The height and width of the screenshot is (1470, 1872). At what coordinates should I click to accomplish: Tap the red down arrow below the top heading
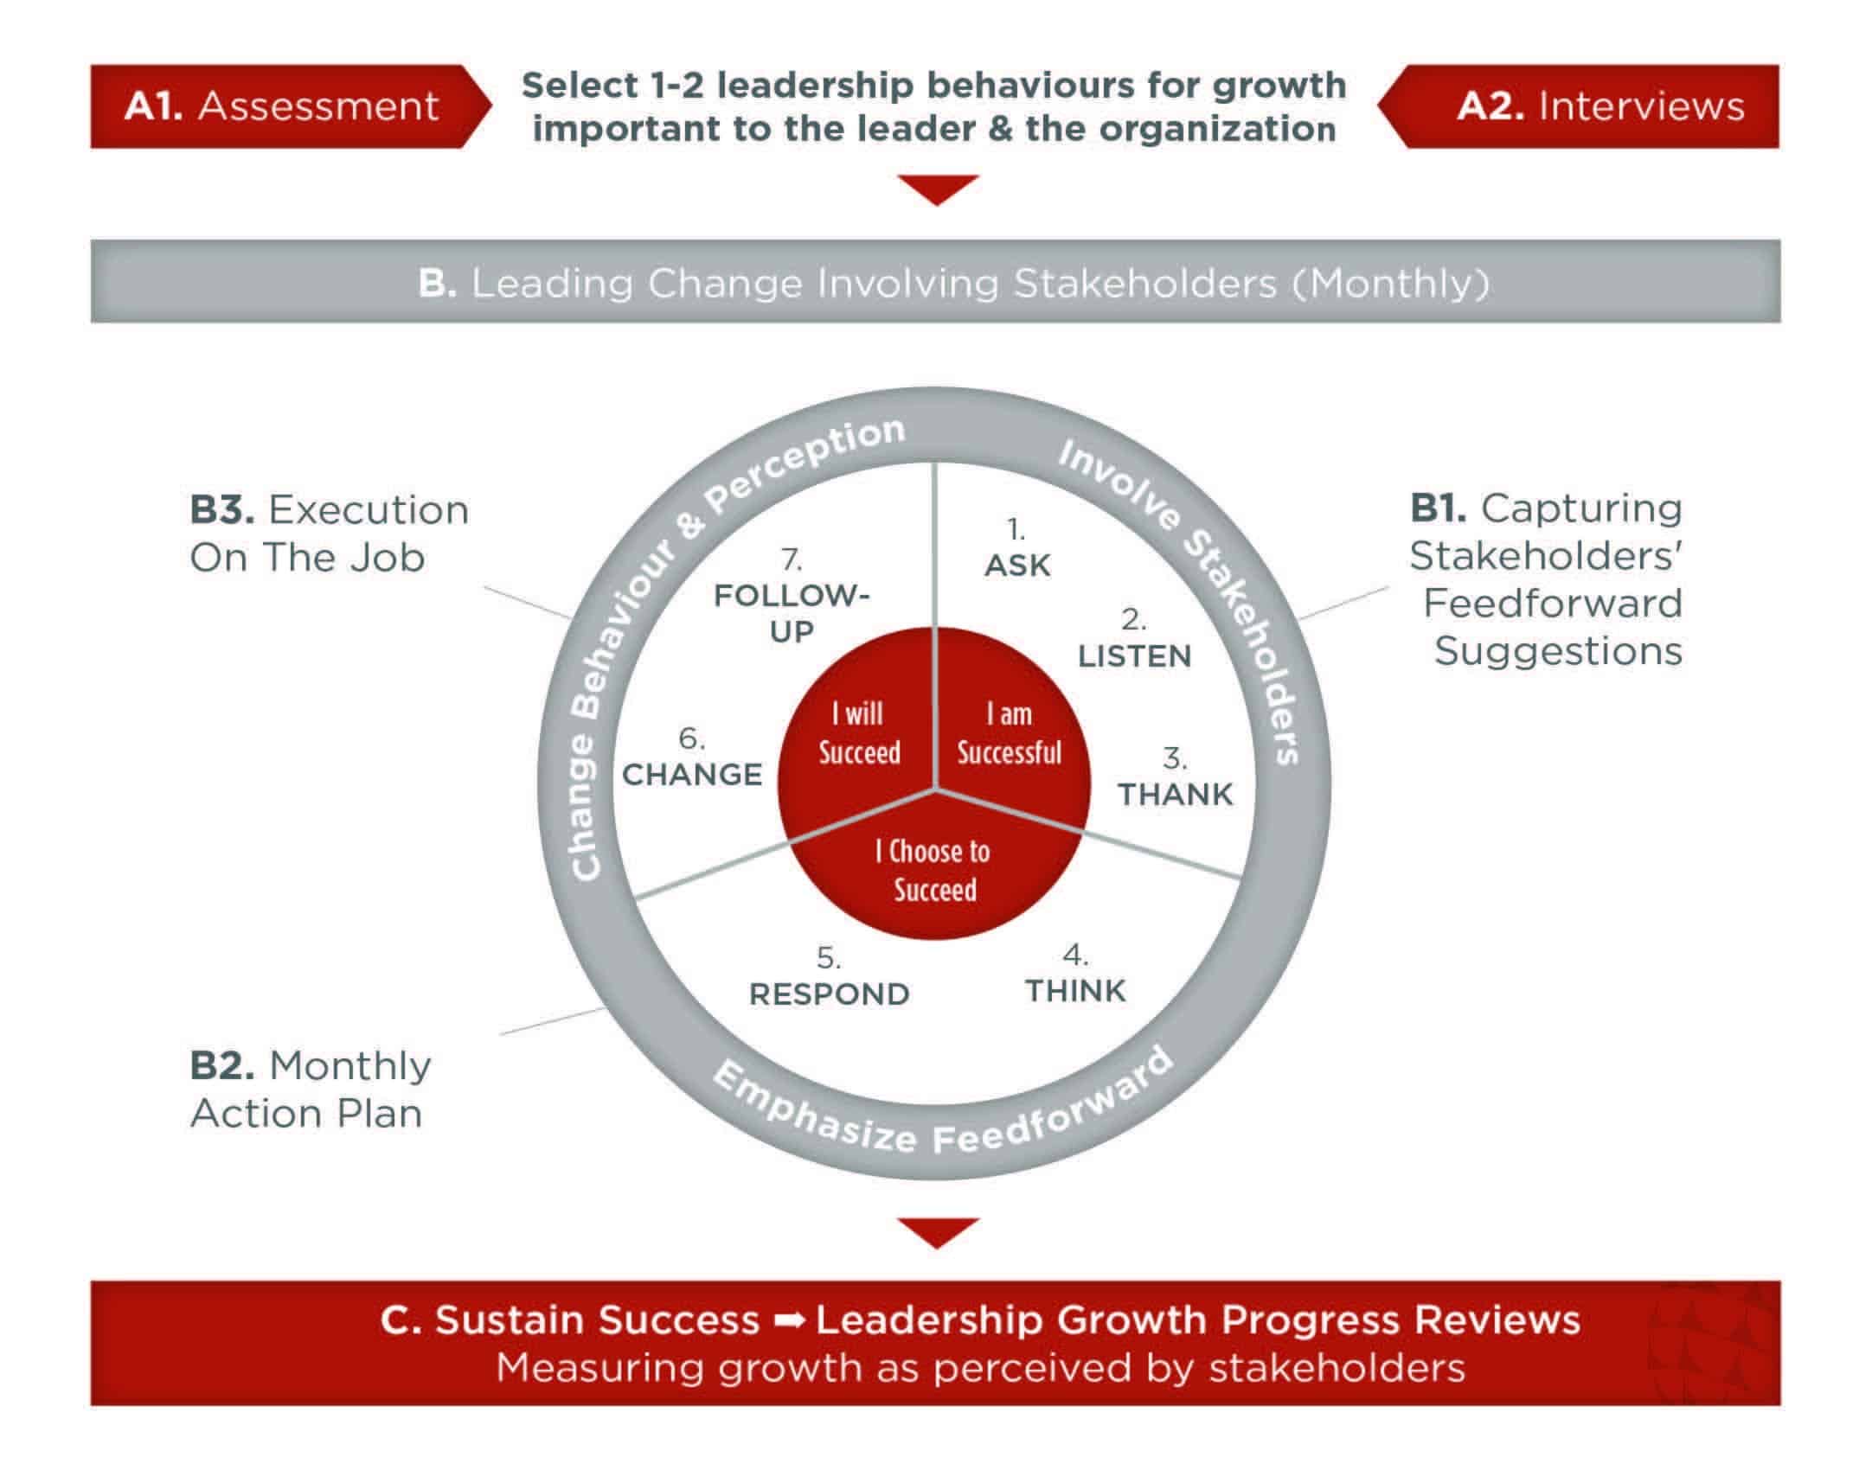click(937, 189)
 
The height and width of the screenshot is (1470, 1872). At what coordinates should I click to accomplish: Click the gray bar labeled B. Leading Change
click(935, 282)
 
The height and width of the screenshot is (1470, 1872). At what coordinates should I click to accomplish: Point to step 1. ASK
click(1017, 550)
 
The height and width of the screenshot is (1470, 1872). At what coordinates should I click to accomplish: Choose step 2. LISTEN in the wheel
click(1134, 642)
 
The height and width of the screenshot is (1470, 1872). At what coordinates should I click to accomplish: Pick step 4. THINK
click(1075, 976)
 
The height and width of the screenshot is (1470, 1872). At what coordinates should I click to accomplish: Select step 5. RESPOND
click(829, 980)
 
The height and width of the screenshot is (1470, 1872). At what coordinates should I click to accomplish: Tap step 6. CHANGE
click(692, 760)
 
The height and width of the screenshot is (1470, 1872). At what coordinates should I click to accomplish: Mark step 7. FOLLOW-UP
click(791, 599)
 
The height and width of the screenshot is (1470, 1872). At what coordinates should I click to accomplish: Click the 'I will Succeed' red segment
click(859, 733)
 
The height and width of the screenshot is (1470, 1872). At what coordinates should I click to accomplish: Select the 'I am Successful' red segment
click(1009, 733)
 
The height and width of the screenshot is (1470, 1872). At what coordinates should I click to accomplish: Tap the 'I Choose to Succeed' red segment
click(935, 870)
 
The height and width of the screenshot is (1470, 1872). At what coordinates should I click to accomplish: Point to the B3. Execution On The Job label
click(329, 534)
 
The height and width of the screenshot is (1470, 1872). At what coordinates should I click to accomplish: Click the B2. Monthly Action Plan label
click(310, 1089)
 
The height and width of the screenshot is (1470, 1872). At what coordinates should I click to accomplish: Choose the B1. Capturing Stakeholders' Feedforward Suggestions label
click(1546, 578)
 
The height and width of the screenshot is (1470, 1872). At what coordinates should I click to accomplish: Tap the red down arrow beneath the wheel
click(937, 1232)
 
